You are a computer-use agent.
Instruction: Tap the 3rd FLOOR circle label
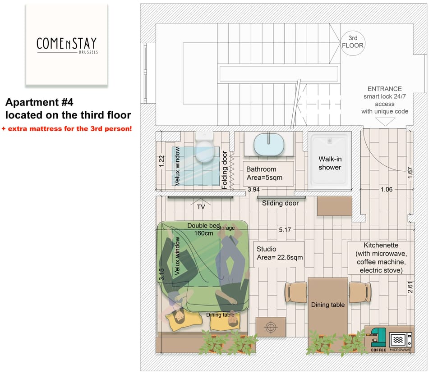(x=352, y=42)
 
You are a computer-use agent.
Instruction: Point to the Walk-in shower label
(x=330, y=163)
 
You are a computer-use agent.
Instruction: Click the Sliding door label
(x=281, y=203)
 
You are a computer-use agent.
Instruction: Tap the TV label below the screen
(x=201, y=207)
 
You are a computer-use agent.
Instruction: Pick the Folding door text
(x=225, y=170)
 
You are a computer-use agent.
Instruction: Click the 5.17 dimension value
(x=285, y=230)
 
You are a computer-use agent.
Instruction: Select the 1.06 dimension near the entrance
(x=386, y=189)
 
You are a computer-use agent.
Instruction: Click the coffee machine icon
(x=378, y=339)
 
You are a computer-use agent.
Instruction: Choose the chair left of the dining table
(x=296, y=292)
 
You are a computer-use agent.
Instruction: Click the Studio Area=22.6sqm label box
(x=279, y=254)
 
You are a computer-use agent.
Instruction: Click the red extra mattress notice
(x=67, y=129)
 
